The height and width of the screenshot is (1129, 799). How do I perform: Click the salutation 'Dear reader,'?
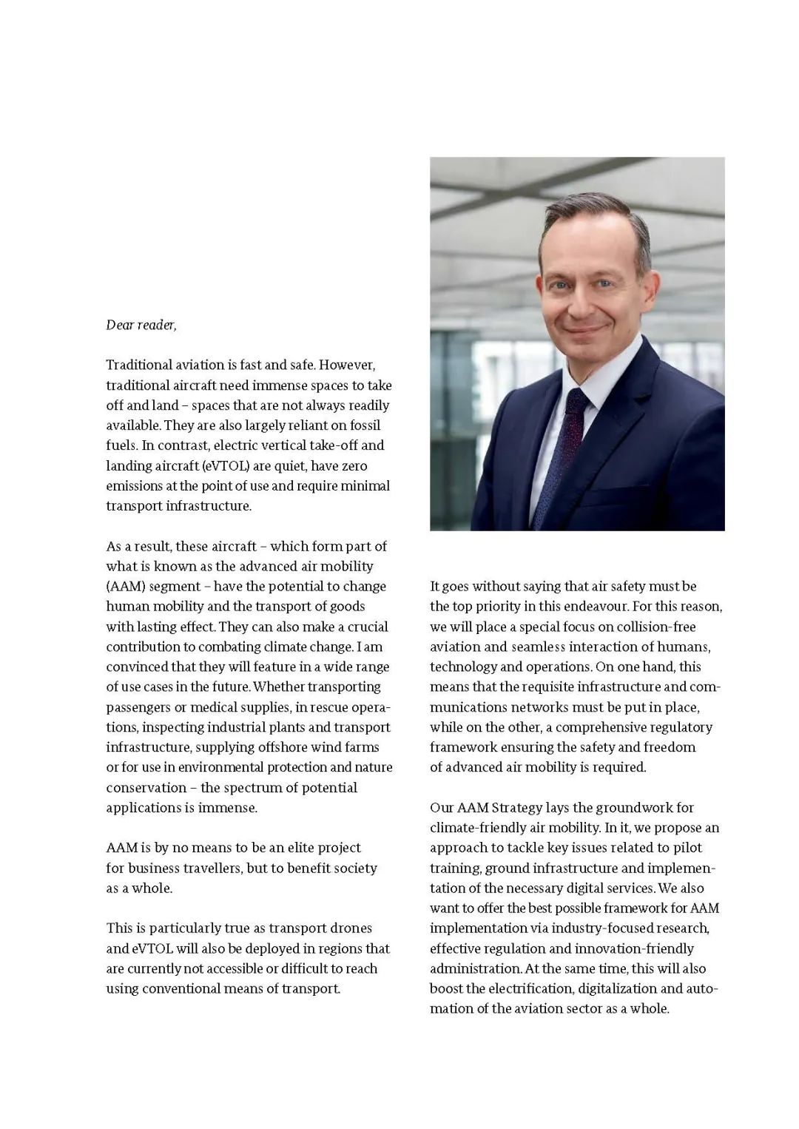pyautogui.click(x=141, y=325)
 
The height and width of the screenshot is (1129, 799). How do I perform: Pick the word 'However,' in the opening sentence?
pyautogui.click(x=348, y=365)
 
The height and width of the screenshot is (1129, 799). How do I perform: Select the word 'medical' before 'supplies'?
pyautogui.click(x=214, y=707)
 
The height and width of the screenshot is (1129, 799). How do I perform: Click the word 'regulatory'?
pyautogui.click(x=678, y=727)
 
